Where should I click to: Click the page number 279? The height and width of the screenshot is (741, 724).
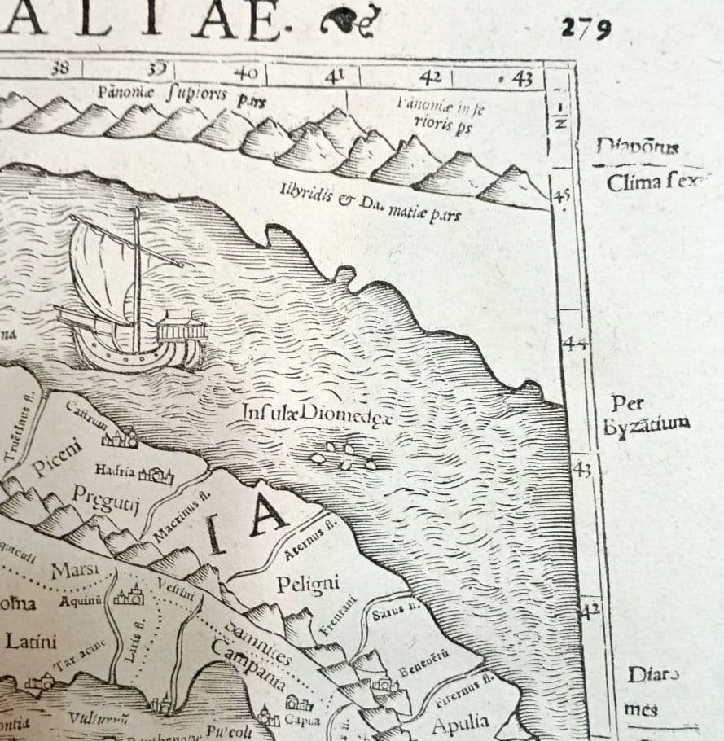click(586, 28)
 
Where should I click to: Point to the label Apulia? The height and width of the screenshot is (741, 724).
click(460, 723)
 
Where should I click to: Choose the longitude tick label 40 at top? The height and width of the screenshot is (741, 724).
click(245, 73)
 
